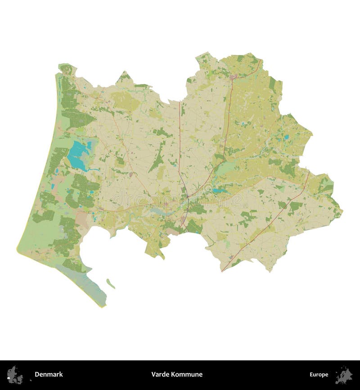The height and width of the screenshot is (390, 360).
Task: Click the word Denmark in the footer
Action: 49,374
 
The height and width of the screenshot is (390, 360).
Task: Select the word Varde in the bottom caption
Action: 159,374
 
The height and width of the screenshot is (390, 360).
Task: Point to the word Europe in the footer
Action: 319,374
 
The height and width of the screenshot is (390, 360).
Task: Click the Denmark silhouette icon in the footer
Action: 15,374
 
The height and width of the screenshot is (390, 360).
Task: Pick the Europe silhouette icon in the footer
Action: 344,374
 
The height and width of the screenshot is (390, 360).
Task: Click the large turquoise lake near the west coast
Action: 77,155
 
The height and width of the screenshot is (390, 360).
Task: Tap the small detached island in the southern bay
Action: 110,283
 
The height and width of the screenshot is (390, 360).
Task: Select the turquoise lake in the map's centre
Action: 220,191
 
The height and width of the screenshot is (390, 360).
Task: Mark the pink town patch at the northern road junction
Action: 233,78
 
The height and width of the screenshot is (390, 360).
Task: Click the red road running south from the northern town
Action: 227,112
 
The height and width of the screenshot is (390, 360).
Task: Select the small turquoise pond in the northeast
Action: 285,136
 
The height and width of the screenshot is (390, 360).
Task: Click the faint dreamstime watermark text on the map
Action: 180,198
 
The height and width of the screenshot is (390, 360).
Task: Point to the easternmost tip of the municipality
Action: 342,209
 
